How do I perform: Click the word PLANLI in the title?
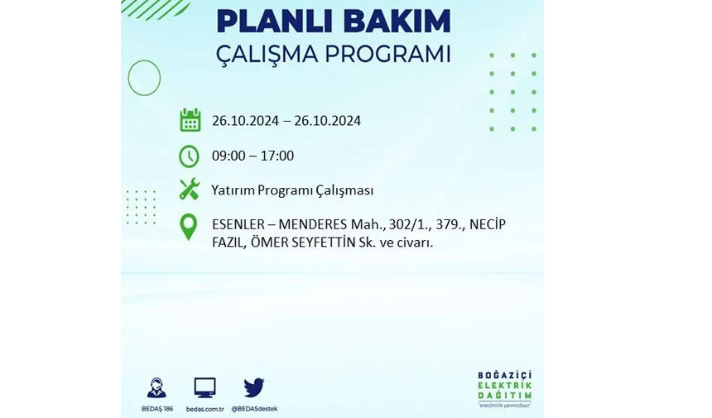(x=269, y=22)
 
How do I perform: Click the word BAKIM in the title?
(x=391, y=22)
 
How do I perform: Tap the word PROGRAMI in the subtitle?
(x=387, y=54)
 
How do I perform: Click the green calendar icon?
(x=190, y=120)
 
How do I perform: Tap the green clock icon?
(x=189, y=156)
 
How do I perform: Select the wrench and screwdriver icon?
(x=190, y=189)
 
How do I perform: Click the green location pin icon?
(x=189, y=227)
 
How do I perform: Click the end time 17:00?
(x=277, y=156)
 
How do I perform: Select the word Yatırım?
(x=233, y=190)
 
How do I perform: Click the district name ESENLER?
(x=238, y=224)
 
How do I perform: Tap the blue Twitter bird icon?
(x=254, y=387)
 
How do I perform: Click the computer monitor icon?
(x=204, y=388)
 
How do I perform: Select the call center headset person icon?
(x=156, y=387)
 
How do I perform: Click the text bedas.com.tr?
(x=205, y=409)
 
